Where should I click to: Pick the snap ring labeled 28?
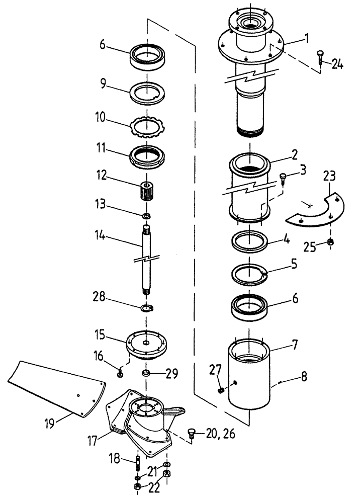147,308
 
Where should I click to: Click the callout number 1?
292,39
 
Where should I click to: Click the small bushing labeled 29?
146,374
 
